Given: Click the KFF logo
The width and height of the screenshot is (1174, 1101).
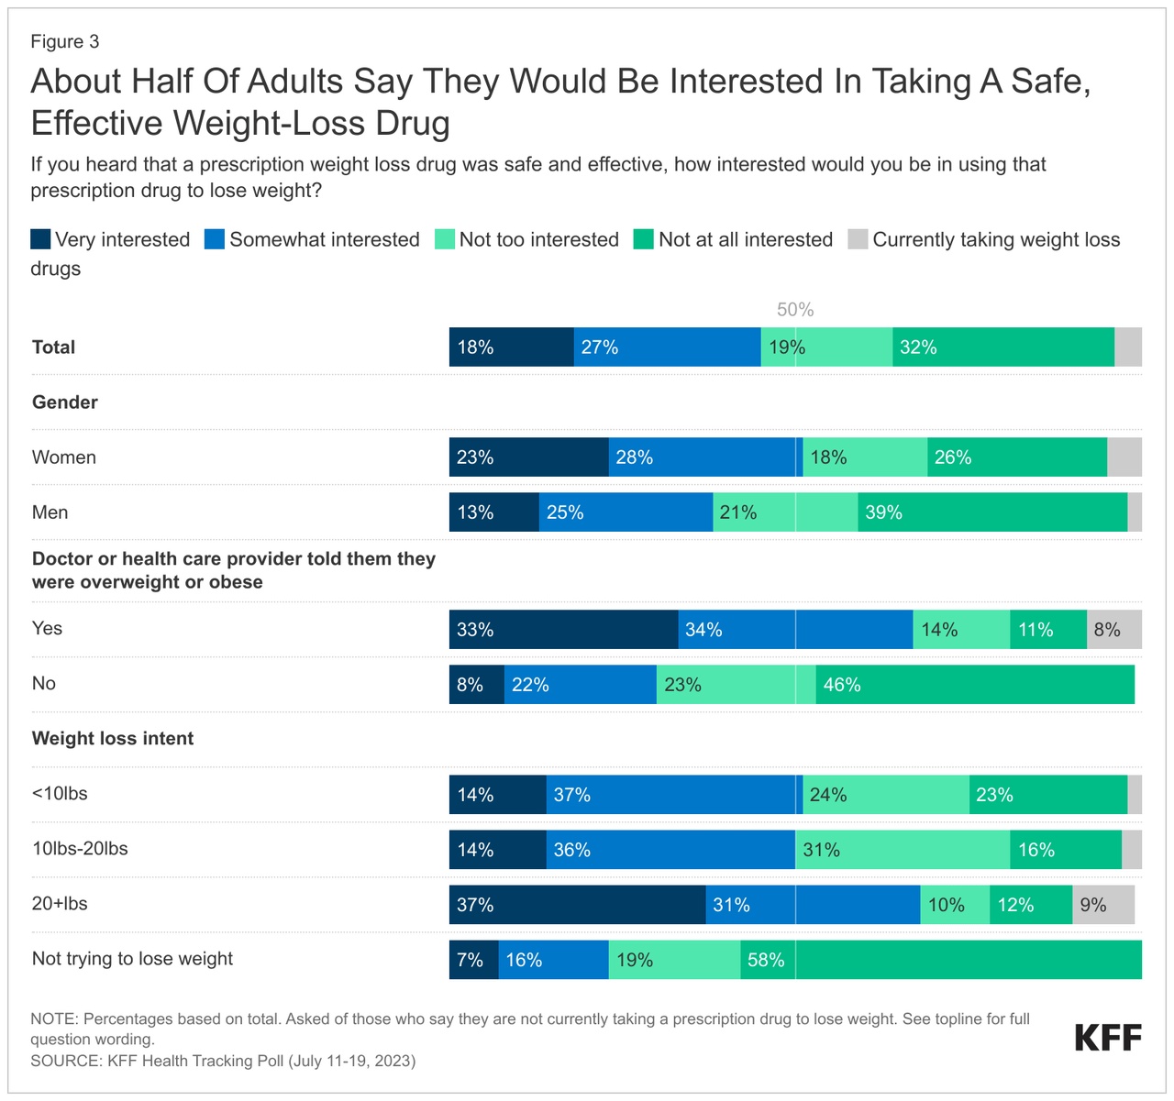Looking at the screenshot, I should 1108,1039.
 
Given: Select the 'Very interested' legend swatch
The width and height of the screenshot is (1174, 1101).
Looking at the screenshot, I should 40,239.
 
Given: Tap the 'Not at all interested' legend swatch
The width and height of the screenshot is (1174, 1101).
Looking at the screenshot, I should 644,239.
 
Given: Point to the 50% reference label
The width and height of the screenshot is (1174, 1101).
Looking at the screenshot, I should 795,310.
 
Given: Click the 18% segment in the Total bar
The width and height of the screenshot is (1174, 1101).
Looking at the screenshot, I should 511,347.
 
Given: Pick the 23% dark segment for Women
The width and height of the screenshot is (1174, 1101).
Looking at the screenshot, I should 528,457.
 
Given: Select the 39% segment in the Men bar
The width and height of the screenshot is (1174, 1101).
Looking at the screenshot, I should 992,512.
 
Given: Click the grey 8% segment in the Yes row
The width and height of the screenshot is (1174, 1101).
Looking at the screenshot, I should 1114,630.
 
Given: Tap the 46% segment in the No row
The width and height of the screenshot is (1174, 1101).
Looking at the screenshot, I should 975,685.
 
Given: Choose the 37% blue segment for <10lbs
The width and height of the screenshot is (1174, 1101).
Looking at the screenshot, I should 671,795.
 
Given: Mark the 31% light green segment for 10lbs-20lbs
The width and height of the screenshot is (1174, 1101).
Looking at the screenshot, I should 903,850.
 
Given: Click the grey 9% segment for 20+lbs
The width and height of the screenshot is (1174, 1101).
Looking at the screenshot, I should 1103,905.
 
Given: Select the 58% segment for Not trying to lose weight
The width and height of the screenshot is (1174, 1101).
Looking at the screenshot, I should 941,960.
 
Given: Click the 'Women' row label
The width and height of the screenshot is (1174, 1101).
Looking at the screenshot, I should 64,457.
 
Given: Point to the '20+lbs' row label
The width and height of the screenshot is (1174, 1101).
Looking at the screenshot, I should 60,904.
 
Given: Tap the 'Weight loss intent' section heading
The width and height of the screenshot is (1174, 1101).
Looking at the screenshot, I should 113,739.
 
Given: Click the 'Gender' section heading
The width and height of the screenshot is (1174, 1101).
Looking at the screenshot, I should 65,402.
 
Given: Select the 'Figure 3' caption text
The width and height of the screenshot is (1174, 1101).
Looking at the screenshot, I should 64,42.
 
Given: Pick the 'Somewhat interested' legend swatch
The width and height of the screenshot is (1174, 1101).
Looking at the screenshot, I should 215,239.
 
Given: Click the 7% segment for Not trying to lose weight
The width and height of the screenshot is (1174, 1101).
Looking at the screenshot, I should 473,960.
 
